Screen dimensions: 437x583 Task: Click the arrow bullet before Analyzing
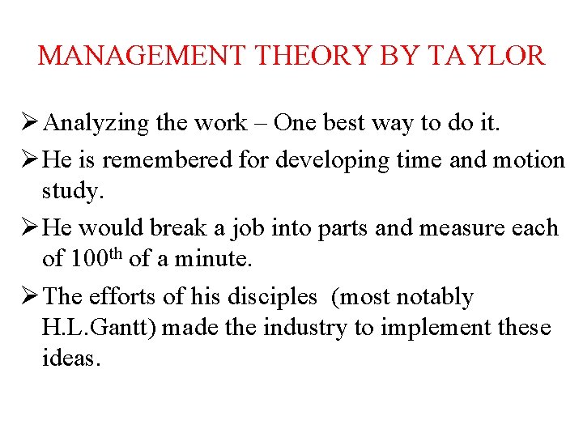[29, 123]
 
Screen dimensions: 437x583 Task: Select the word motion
[525, 160]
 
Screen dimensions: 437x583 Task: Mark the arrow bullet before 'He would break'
[29, 227]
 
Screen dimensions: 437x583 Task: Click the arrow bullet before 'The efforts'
[29, 297]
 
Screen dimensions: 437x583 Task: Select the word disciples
[271, 297]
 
